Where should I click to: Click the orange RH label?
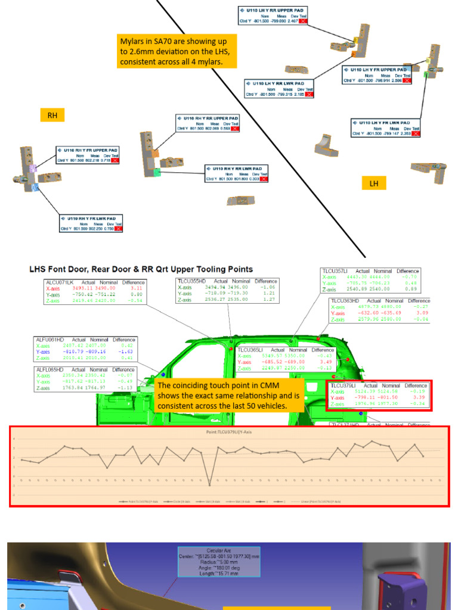(x=52, y=115)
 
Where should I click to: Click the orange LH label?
(x=374, y=183)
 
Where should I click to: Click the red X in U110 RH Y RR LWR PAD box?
(x=263, y=179)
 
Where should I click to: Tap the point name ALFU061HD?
(x=50, y=340)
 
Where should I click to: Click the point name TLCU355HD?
(x=191, y=281)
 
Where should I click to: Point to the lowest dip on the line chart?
(x=209, y=484)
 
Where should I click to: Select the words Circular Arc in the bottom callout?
(x=219, y=550)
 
